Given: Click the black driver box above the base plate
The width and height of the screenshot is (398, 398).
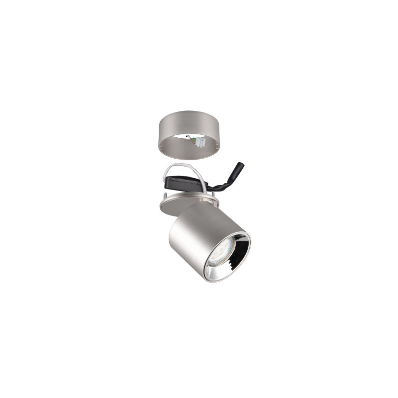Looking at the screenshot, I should coord(184,185).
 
